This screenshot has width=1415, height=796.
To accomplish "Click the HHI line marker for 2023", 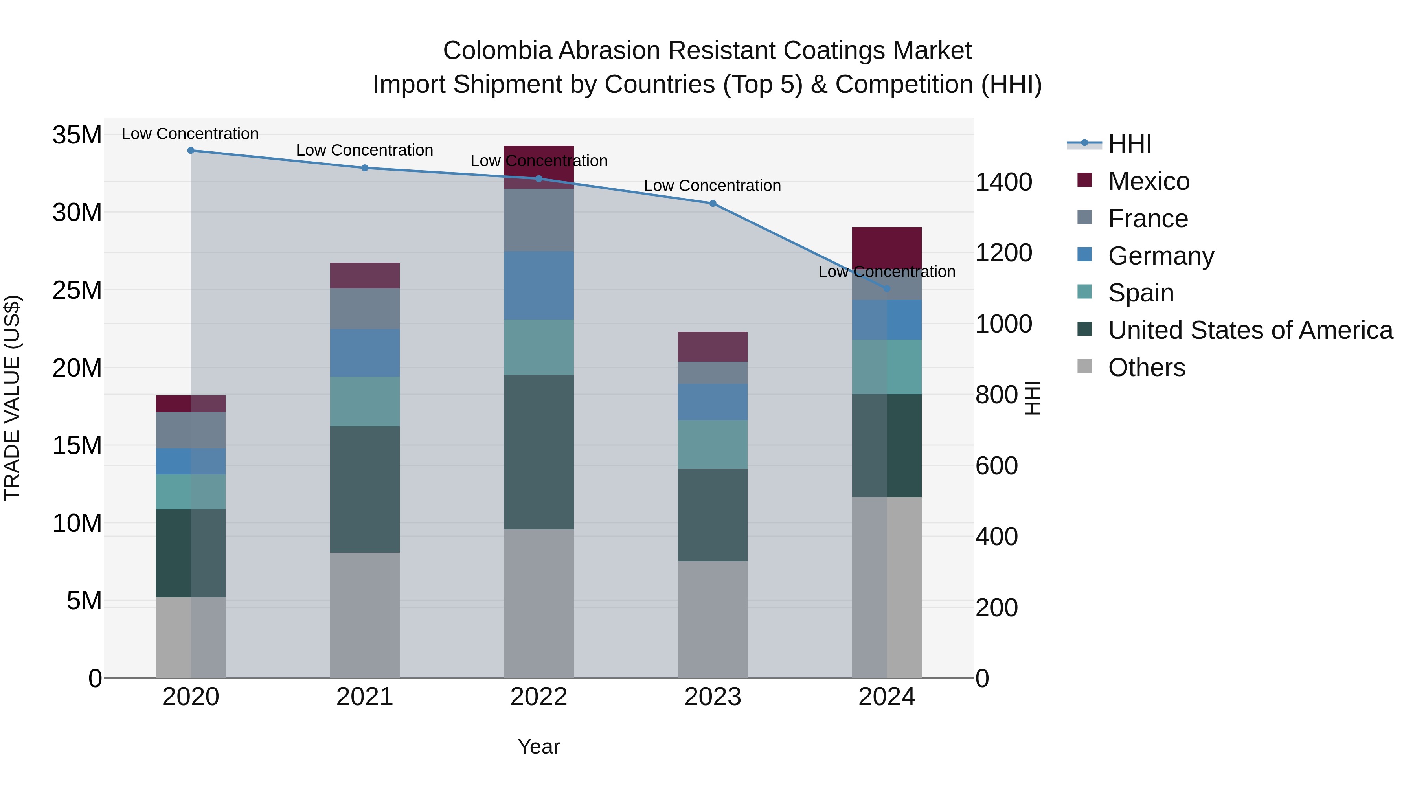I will [x=713, y=203].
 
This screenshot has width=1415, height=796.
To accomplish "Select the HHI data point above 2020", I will [x=191, y=151].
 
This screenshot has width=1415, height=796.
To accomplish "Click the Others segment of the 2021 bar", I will [x=365, y=615].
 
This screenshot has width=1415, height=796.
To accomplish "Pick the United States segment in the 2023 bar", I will [x=713, y=515].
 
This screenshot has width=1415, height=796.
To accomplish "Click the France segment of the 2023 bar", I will [x=713, y=373].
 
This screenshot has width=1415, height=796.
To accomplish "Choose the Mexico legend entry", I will [x=1148, y=181].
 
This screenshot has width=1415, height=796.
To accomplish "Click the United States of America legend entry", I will [x=1250, y=330].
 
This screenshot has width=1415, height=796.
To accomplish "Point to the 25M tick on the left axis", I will [x=77, y=290].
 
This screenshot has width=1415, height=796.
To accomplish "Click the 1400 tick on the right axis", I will [x=1003, y=182].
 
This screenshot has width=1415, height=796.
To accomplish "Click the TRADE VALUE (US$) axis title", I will [x=12, y=398].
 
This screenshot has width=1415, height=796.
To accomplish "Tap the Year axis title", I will [x=538, y=746].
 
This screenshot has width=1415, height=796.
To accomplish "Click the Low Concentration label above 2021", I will [x=365, y=150].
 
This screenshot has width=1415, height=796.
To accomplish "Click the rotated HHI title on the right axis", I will [x=1032, y=398].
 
